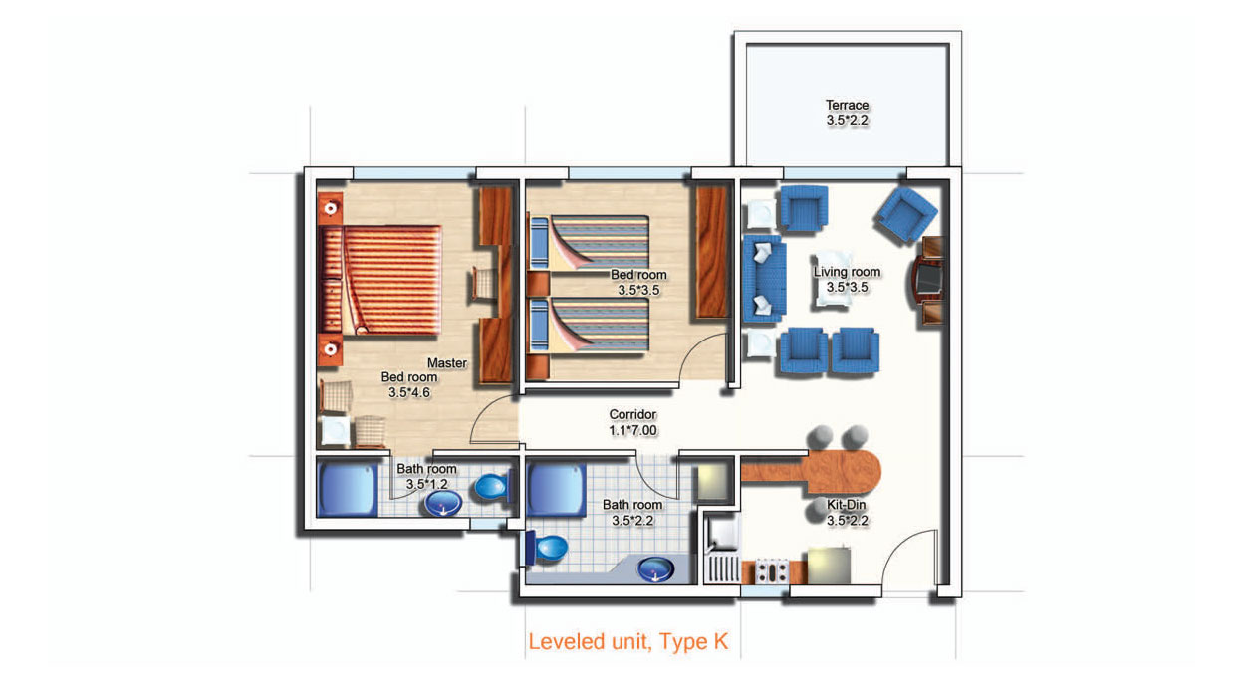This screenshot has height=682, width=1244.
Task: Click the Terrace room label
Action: tap(847, 105)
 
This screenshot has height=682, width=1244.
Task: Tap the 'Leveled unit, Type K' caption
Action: tap(627, 642)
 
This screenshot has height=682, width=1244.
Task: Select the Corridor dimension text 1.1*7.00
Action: tap(632, 431)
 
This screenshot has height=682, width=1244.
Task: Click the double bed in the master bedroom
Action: tap(379, 280)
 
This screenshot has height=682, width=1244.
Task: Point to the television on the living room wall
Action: tap(928, 279)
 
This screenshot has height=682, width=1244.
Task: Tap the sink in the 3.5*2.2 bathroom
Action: tap(655, 569)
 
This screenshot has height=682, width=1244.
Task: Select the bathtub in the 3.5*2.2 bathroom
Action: tap(556, 490)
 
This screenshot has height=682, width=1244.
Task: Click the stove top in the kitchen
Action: tap(771, 572)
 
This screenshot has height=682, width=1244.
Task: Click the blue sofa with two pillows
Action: tap(765, 279)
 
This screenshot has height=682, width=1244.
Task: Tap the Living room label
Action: tap(847, 272)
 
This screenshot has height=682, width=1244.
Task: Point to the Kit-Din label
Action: tap(847, 505)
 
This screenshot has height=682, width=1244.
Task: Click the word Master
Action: tap(447, 363)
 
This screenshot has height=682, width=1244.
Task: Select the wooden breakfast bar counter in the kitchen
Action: tap(811, 472)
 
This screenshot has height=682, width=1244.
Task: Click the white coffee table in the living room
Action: tap(833, 279)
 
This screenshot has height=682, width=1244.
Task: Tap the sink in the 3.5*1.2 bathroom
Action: tap(443, 504)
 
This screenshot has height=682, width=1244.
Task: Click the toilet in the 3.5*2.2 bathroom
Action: tap(547, 548)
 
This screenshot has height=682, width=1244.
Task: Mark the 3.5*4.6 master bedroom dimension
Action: tap(408, 393)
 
